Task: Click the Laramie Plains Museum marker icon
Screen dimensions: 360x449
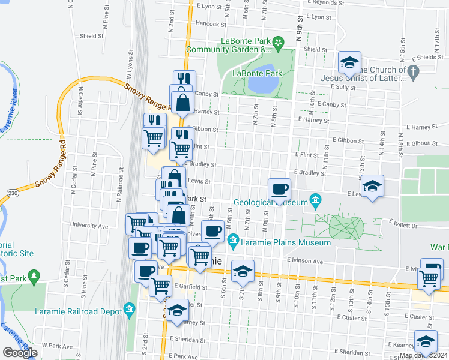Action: [234, 242]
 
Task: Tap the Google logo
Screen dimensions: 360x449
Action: [20, 353]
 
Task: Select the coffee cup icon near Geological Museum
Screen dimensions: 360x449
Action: [279, 190]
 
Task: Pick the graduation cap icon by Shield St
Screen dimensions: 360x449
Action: [349, 62]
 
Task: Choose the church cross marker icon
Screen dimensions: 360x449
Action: [412, 72]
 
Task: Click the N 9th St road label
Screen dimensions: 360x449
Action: [298, 27]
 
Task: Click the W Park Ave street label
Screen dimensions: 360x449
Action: [60, 346]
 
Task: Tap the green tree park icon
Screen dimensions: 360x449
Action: [34, 275]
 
